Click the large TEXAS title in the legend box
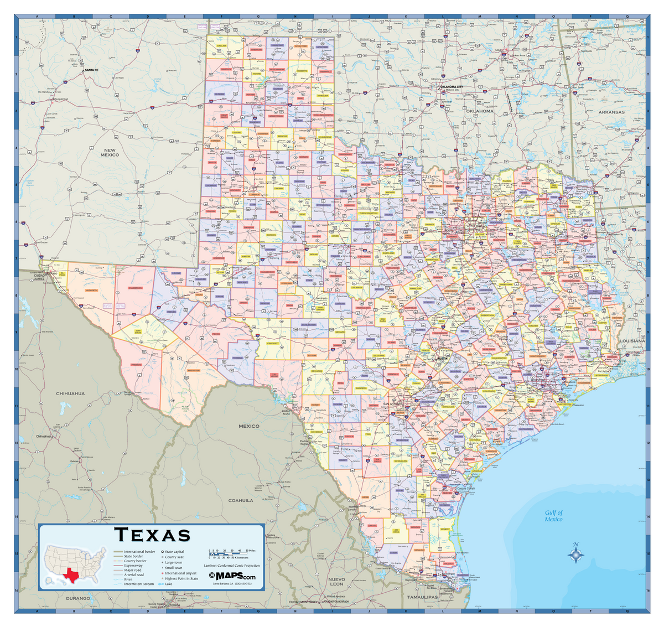152,535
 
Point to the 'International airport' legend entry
180,573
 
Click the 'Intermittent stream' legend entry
139,584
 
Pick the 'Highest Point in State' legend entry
181,578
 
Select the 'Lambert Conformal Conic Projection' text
231,566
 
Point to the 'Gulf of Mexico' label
553,516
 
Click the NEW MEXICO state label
110,152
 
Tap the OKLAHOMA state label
479,111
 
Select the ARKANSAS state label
611,112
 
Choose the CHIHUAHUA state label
70,393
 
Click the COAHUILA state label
241,500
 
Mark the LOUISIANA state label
631,341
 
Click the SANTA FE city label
91,70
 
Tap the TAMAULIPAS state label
422,598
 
